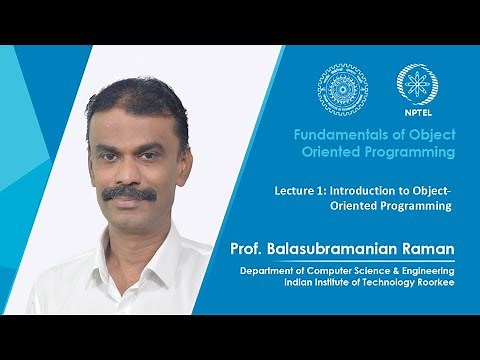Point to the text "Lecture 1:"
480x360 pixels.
(301, 188)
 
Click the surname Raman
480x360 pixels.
(431, 249)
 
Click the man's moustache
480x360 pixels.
(129, 193)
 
